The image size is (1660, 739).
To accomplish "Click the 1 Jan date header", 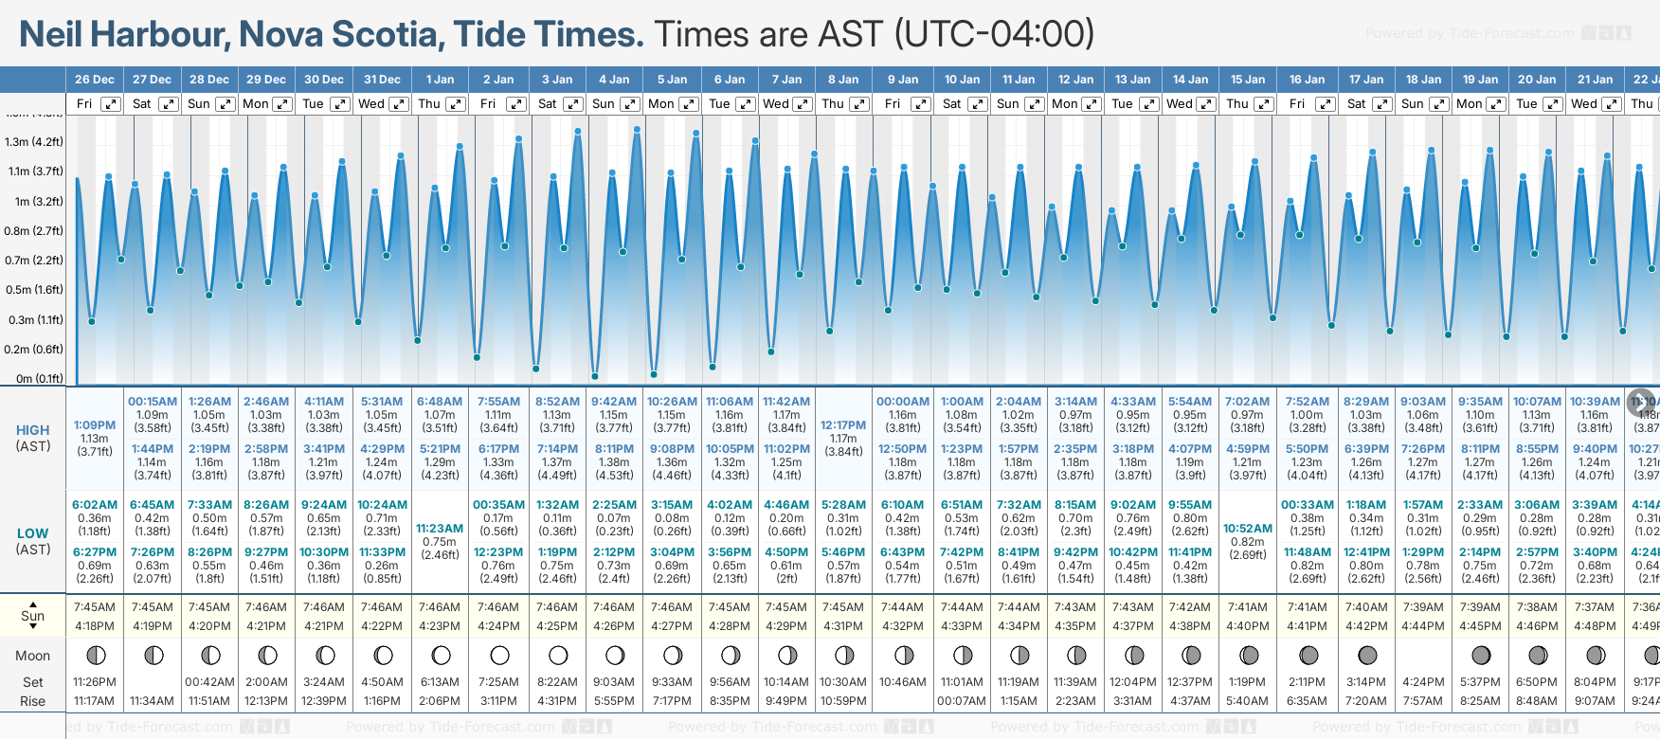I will [440, 80].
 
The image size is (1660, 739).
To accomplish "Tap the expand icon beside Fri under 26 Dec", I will [111, 104].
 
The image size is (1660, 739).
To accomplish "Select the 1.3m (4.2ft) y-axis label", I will [34, 142].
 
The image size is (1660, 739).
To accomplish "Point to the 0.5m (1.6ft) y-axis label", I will [34, 290].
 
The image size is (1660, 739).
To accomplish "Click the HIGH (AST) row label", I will [33, 438].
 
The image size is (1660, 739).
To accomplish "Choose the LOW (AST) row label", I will [33, 541].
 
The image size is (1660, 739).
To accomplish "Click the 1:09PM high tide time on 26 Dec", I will [95, 425].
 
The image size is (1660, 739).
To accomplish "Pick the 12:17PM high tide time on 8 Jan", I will [843, 425].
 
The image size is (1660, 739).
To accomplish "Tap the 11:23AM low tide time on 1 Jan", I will [440, 529].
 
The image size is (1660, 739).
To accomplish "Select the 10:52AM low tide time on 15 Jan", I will [1248, 529].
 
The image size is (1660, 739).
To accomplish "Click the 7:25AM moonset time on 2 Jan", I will [498, 682].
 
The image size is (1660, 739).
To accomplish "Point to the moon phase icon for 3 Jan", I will [558, 655].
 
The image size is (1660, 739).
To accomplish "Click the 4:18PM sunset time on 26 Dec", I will [95, 626].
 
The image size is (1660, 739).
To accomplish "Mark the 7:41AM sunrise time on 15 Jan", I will [1248, 607].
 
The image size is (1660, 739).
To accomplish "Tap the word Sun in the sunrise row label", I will [33, 616].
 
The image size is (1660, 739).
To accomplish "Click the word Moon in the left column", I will [33, 656].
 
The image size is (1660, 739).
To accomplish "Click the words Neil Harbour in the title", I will [123, 34].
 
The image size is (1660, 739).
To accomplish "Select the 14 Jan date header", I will [1190, 80].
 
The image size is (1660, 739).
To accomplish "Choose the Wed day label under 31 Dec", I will [371, 104].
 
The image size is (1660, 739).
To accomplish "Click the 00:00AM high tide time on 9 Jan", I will [903, 402].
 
